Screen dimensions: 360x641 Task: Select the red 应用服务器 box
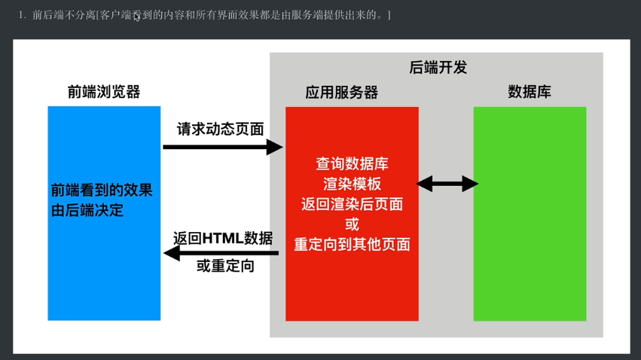click(x=352, y=286)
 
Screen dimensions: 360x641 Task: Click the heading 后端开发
click(x=438, y=67)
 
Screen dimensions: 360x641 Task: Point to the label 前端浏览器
click(x=104, y=92)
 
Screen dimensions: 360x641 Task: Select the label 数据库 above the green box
click(x=530, y=92)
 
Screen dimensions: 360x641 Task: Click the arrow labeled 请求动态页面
click(x=222, y=147)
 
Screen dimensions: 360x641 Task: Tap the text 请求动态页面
click(x=220, y=129)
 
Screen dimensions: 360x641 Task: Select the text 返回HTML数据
click(x=223, y=238)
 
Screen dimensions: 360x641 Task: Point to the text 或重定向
click(x=225, y=266)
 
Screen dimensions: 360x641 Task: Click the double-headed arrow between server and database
click(x=447, y=183)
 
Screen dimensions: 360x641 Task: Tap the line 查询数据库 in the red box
click(x=352, y=163)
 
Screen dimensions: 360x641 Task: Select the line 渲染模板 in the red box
click(x=352, y=184)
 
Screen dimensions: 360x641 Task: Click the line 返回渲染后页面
click(x=352, y=204)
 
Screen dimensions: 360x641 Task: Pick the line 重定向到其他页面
click(x=352, y=244)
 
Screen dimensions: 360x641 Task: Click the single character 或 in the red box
click(x=352, y=224)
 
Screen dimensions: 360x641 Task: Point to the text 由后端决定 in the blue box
click(x=87, y=211)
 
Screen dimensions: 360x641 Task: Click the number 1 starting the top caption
click(x=22, y=15)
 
